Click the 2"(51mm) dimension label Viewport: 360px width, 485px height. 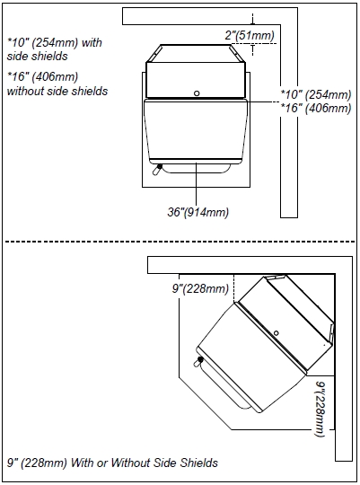[x=250, y=35]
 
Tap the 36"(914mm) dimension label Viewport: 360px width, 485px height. [x=198, y=212]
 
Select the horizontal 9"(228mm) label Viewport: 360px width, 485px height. [x=200, y=288]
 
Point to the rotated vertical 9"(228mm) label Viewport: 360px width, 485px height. [x=320, y=409]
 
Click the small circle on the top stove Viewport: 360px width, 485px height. [x=197, y=93]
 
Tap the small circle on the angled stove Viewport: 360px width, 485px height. [x=277, y=333]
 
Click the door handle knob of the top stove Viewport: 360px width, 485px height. [x=160, y=167]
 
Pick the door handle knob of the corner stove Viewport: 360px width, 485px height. [x=200, y=359]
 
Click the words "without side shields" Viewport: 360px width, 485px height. [x=57, y=91]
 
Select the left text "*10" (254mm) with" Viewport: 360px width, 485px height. [x=55, y=42]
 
